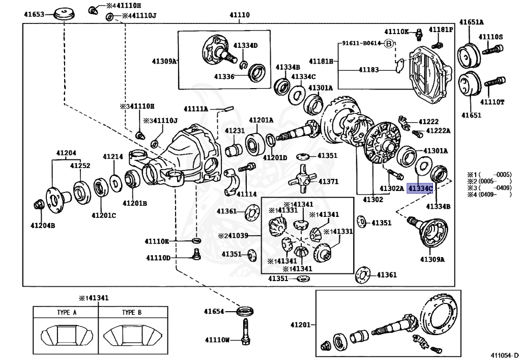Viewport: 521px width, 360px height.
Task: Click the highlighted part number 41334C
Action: (420, 189)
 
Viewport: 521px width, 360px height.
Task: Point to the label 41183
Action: (369, 69)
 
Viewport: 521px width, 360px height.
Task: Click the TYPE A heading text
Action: (67, 313)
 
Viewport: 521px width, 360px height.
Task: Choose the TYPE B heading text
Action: (132, 313)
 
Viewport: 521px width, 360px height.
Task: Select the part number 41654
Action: (214, 311)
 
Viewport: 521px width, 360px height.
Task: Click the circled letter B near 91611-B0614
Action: (389, 44)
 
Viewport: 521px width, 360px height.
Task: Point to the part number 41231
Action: (235, 131)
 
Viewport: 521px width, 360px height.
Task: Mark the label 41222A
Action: (438, 131)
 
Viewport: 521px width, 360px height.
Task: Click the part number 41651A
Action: (472, 22)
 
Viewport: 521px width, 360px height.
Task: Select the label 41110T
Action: (491, 102)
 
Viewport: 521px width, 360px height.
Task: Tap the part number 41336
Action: (224, 77)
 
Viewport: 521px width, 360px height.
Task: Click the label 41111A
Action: (196, 109)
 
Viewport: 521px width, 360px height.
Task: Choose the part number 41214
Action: (113, 157)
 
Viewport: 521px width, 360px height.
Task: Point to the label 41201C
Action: (104, 215)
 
